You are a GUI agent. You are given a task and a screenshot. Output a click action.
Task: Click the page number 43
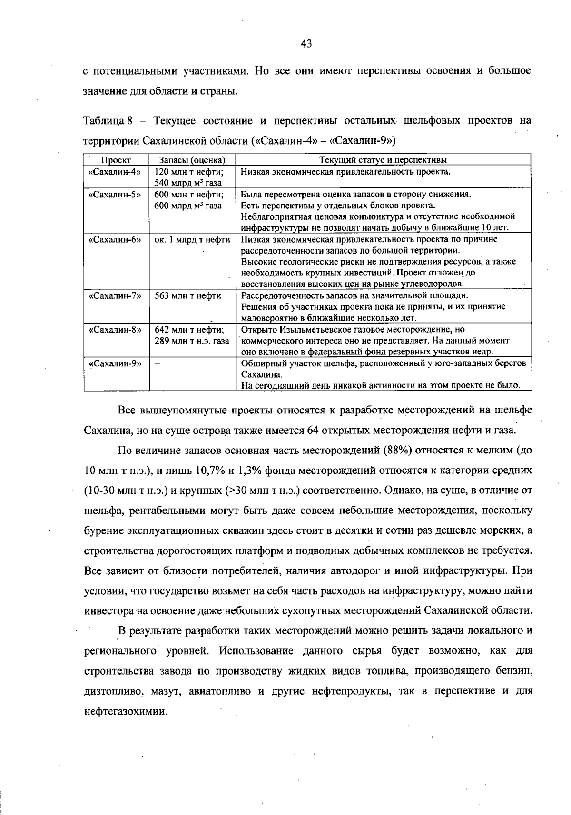[x=306, y=44]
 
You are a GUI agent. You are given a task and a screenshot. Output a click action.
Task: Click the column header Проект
[x=116, y=160]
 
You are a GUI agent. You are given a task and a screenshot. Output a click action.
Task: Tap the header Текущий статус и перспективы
[x=383, y=160]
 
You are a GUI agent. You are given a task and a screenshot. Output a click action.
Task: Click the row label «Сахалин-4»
[x=115, y=172]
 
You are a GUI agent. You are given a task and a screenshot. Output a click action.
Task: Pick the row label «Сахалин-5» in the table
[x=115, y=194]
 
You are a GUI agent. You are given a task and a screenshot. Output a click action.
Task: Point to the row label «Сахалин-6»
[x=115, y=239]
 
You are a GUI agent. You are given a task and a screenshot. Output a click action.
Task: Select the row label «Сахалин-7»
[x=115, y=295]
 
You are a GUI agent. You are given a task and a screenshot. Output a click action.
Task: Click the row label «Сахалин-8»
[x=115, y=329]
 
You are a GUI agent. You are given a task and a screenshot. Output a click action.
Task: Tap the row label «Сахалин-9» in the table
[x=115, y=363]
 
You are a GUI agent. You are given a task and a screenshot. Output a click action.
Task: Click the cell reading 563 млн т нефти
[x=188, y=295]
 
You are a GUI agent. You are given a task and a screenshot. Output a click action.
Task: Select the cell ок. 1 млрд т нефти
[x=192, y=239]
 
